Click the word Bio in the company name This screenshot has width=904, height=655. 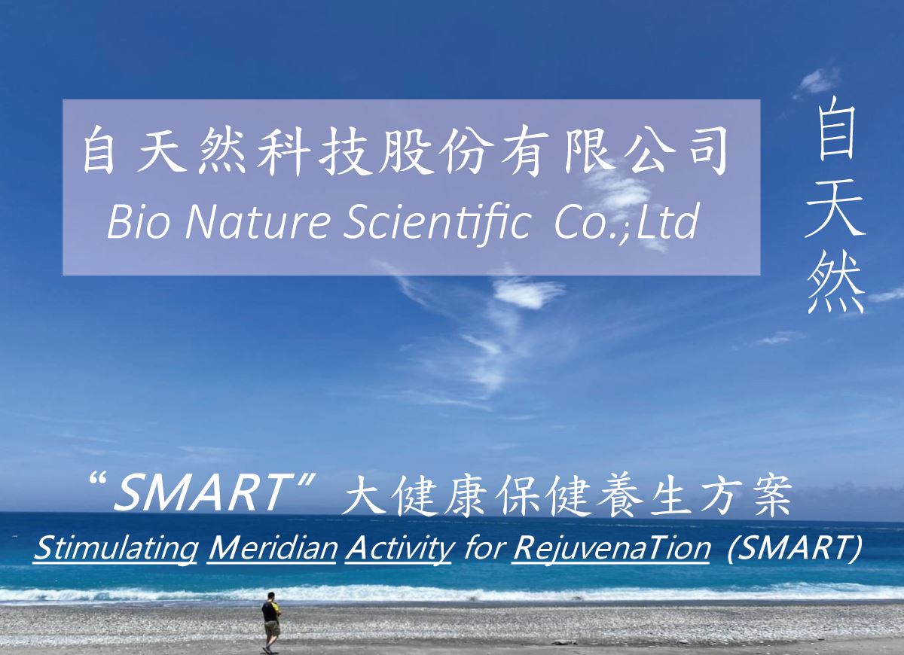click(138, 222)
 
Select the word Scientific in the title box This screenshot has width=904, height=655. click(436, 224)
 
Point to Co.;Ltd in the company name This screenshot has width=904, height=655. click(626, 223)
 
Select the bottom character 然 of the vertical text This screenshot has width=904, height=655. click(835, 285)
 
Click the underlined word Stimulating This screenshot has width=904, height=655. click(115, 549)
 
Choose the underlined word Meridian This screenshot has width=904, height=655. click(272, 548)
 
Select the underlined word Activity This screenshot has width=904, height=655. click(399, 550)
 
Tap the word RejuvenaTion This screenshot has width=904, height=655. click(611, 550)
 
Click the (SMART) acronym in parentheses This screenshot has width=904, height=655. click(794, 549)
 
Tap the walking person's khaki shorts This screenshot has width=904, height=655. click(272, 628)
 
